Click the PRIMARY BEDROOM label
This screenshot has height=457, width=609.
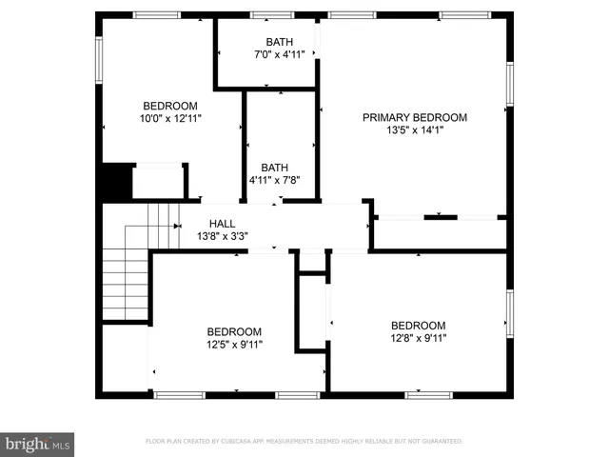click(x=415, y=117)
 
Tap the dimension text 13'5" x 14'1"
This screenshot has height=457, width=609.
click(x=415, y=130)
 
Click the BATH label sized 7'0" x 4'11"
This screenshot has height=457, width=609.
click(x=279, y=42)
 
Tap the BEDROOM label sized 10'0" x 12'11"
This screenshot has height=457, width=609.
click(x=170, y=106)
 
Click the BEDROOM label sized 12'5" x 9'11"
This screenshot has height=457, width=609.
click(x=234, y=331)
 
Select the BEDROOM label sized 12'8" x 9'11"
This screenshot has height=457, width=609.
click(x=418, y=325)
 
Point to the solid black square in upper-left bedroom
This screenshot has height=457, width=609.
click(x=115, y=182)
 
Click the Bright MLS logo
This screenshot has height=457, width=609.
click(x=37, y=443)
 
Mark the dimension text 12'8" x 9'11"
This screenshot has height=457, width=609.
click(x=418, y=338)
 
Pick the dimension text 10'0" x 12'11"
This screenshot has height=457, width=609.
click(x=170, y=119)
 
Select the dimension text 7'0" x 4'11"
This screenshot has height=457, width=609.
click(x=279, y=54)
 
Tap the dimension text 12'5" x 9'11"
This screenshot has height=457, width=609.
click(x=234, y=345)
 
